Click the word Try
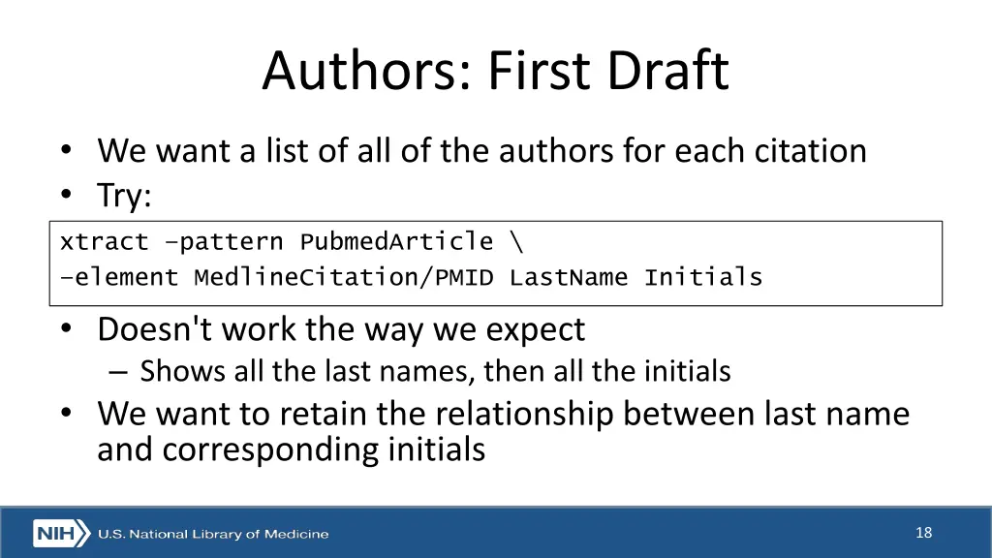[124, 197]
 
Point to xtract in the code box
[104, 241]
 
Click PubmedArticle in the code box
[396, 241]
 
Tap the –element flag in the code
[119, 278]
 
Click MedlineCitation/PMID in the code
[343, 278]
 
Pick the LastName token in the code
[569, 278]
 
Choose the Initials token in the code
[703, 278]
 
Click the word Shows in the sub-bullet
[169, 371]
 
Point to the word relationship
[524, 415]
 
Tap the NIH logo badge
[61, 534]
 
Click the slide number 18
[923, 532]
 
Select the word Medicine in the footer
[295, 534]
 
